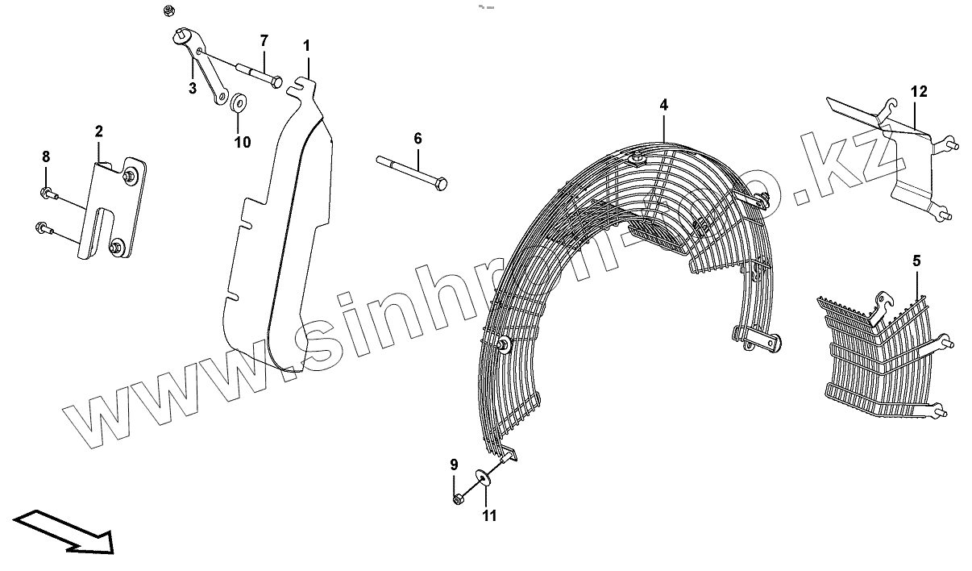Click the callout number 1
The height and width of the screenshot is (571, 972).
point(306,45)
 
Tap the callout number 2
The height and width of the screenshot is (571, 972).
point(98,131)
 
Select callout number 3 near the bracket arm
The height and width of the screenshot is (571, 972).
point(193,89)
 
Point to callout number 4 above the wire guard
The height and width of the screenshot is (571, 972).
point(663,105)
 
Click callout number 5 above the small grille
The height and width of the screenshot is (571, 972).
point(916,260)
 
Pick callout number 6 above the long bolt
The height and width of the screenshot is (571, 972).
point(417,139)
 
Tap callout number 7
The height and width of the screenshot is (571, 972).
point(264,40)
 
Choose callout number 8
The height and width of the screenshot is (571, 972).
point(46,156)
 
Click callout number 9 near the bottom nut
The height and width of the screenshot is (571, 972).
point(454,465)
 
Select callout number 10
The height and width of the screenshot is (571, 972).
point(243,142)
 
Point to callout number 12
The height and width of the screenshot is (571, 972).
point(920,91)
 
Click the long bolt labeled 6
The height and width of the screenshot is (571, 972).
point(411,172)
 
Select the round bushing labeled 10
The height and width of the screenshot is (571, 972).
point(239,105)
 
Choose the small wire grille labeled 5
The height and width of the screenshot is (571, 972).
point(879,355)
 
